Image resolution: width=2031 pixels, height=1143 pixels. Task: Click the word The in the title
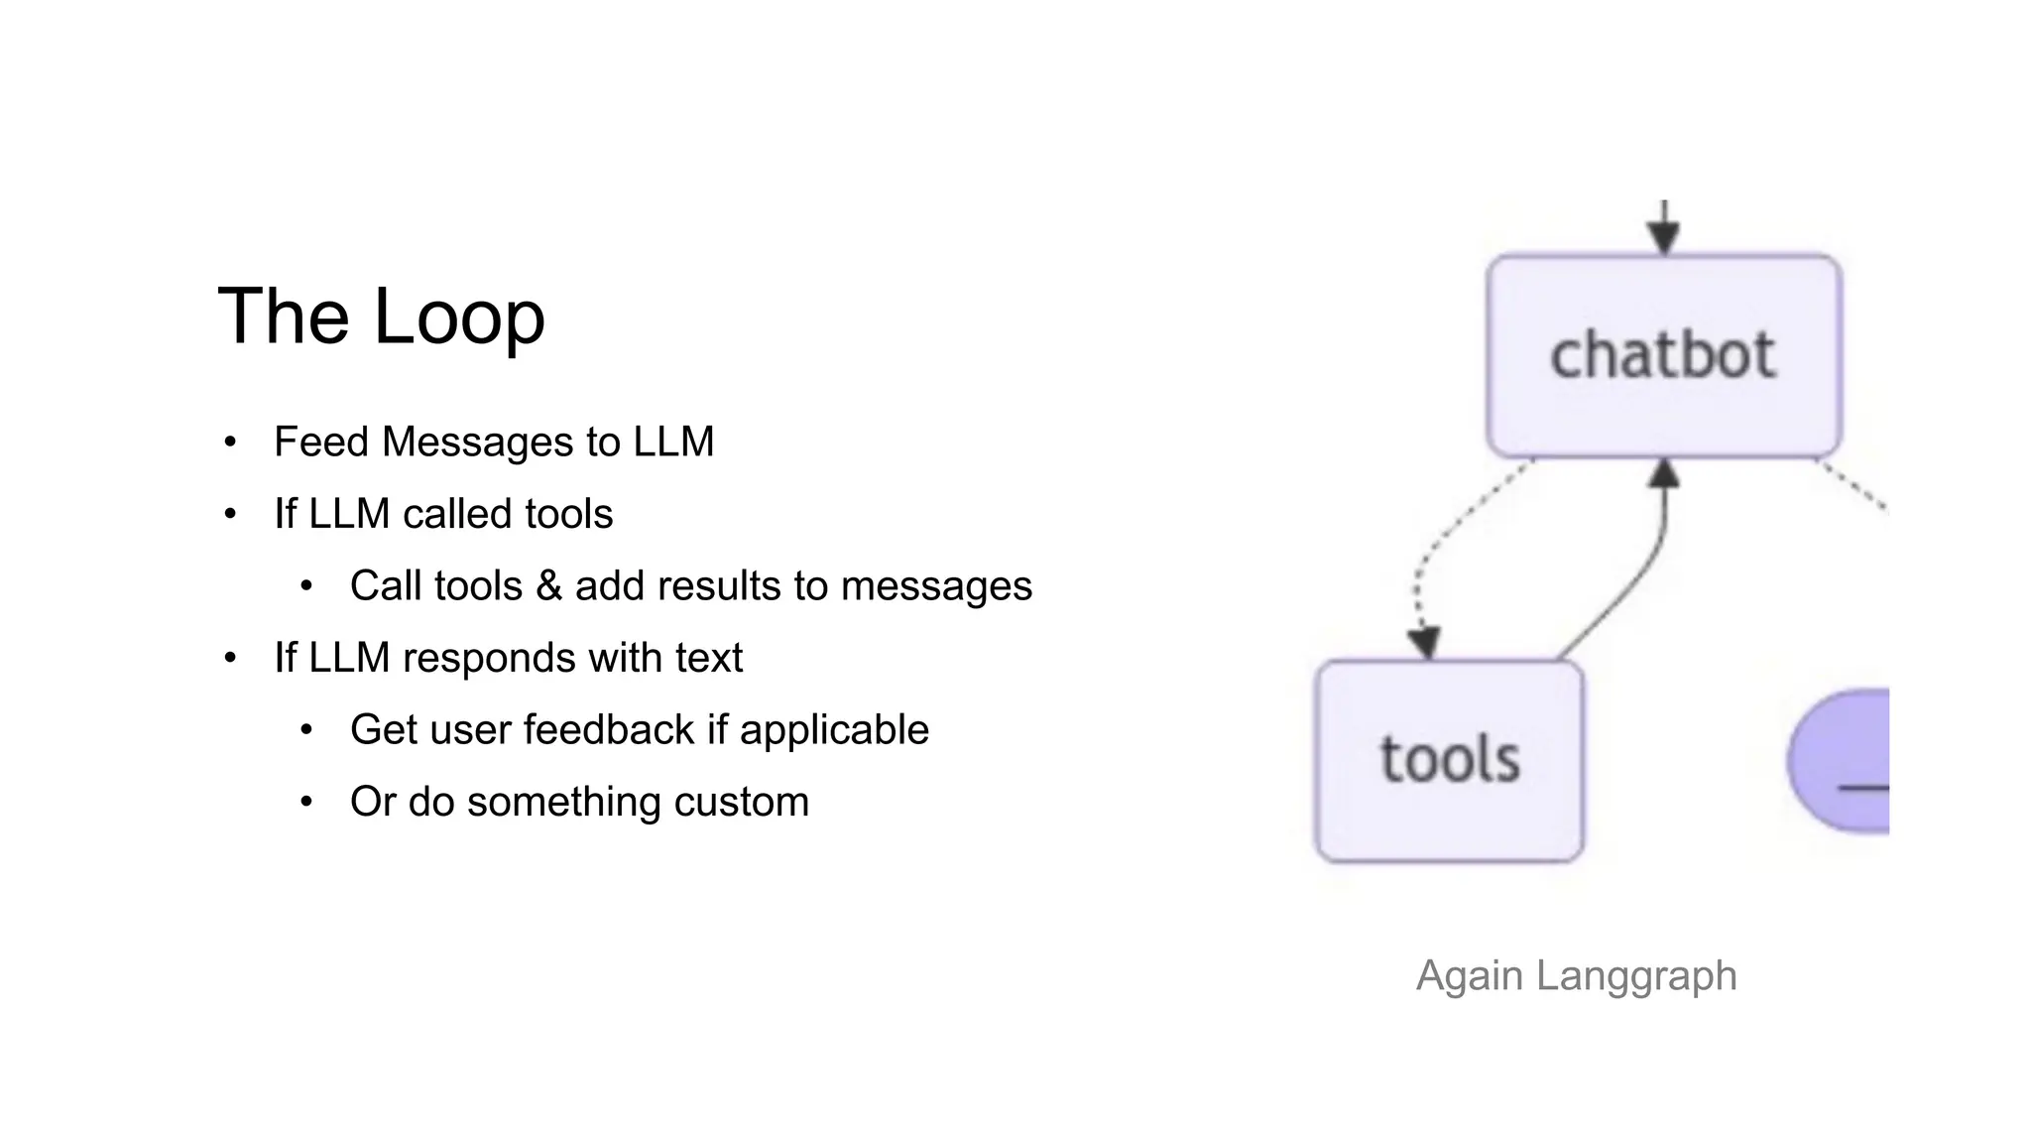(282, 317)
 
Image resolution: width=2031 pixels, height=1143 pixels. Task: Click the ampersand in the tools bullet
(548, 585)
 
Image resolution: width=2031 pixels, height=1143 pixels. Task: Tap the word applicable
(833, 729)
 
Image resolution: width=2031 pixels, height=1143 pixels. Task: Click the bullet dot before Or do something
(306, 802)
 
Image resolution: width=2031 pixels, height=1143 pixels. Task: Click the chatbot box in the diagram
(1663, 355)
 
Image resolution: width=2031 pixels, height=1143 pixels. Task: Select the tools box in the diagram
(1449, 761)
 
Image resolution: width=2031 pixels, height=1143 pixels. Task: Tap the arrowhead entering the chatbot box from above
(1663, 236)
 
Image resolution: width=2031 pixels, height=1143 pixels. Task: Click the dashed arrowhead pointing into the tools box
(1424, 642)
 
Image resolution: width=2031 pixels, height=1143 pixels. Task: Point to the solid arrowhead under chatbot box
(1663, 474)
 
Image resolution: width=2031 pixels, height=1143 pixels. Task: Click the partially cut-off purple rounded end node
(1845, 761)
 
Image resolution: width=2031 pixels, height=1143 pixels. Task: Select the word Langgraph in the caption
(1636, 976)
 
